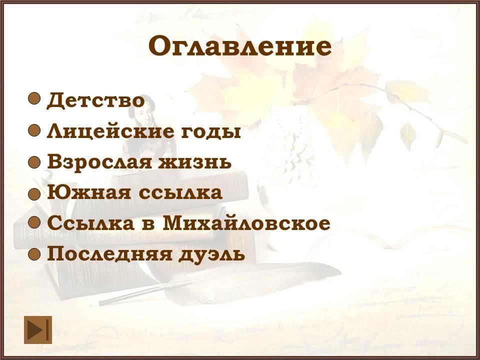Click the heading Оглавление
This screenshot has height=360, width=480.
[240, 46]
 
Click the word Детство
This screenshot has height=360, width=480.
[95, 100]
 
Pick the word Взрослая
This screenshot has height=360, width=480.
[99, 162]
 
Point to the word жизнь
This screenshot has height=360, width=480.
[194, 161]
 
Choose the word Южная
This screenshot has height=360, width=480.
[89, 192]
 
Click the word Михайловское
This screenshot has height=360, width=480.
[246, 222]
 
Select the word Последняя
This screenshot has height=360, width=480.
[109, 254]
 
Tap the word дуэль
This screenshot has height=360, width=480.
[211, 254]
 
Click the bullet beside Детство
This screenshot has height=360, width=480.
[34, 98]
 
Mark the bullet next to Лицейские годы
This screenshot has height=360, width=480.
[34, 130]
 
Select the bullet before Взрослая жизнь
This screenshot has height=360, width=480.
[34, 162]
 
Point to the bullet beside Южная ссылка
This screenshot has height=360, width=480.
[34, 194]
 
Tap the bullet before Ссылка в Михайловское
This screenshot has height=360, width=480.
[34, 222]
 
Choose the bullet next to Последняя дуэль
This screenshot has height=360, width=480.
[34, 254]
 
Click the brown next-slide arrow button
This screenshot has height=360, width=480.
[38, 329]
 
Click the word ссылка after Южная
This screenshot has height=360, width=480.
[180, 192]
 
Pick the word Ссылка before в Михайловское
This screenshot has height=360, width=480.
[90, 222]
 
